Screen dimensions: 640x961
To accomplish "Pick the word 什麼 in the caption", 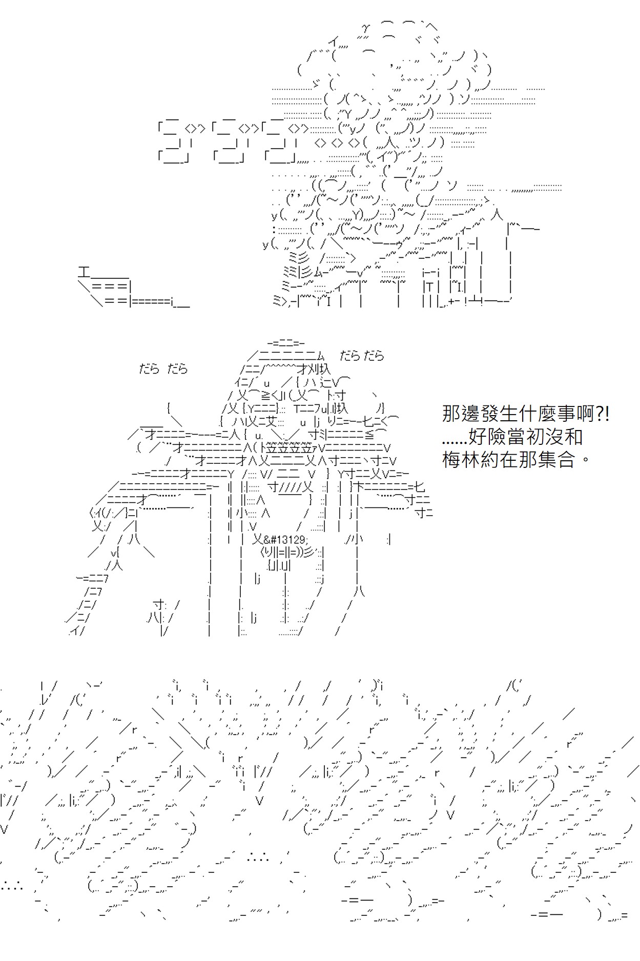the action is (534, 414).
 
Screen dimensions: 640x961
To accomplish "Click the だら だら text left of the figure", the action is (163, 369).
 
